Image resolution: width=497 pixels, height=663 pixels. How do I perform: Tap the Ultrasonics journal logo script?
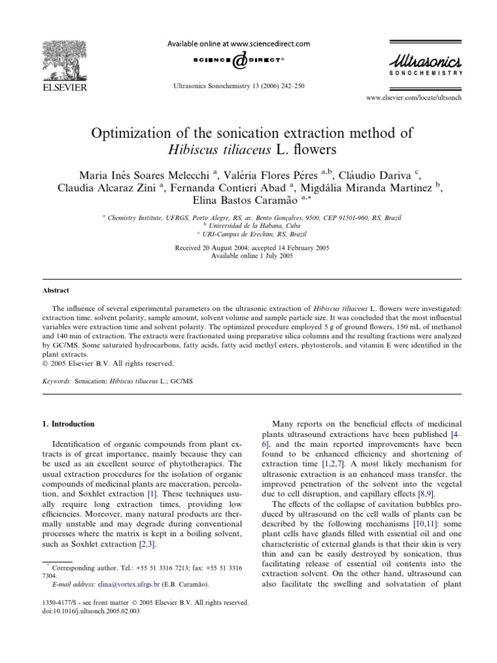pyautogui.click(x=425, y=61)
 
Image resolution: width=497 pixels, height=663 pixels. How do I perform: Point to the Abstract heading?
pyautogui.click(x=56, y=291)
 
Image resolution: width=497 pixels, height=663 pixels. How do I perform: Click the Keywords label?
pyautogui.click(x=56, y=383)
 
